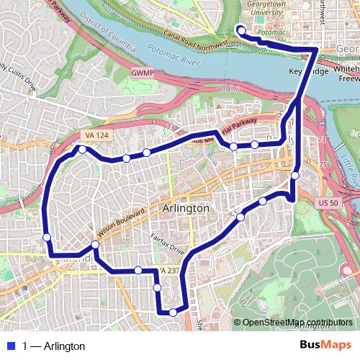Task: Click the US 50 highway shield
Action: [x=328, y=204]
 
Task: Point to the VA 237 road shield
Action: [x=168, y=270]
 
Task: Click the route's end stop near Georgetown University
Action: [x=240, y=30]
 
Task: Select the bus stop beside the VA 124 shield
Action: [x=83, y=150]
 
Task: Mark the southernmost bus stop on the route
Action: [x=173, y=312]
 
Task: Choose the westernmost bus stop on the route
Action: [x=47, y=237]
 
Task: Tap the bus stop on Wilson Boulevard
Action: [x=96, y=245]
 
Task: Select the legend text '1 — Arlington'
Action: [x=53, y=346]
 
